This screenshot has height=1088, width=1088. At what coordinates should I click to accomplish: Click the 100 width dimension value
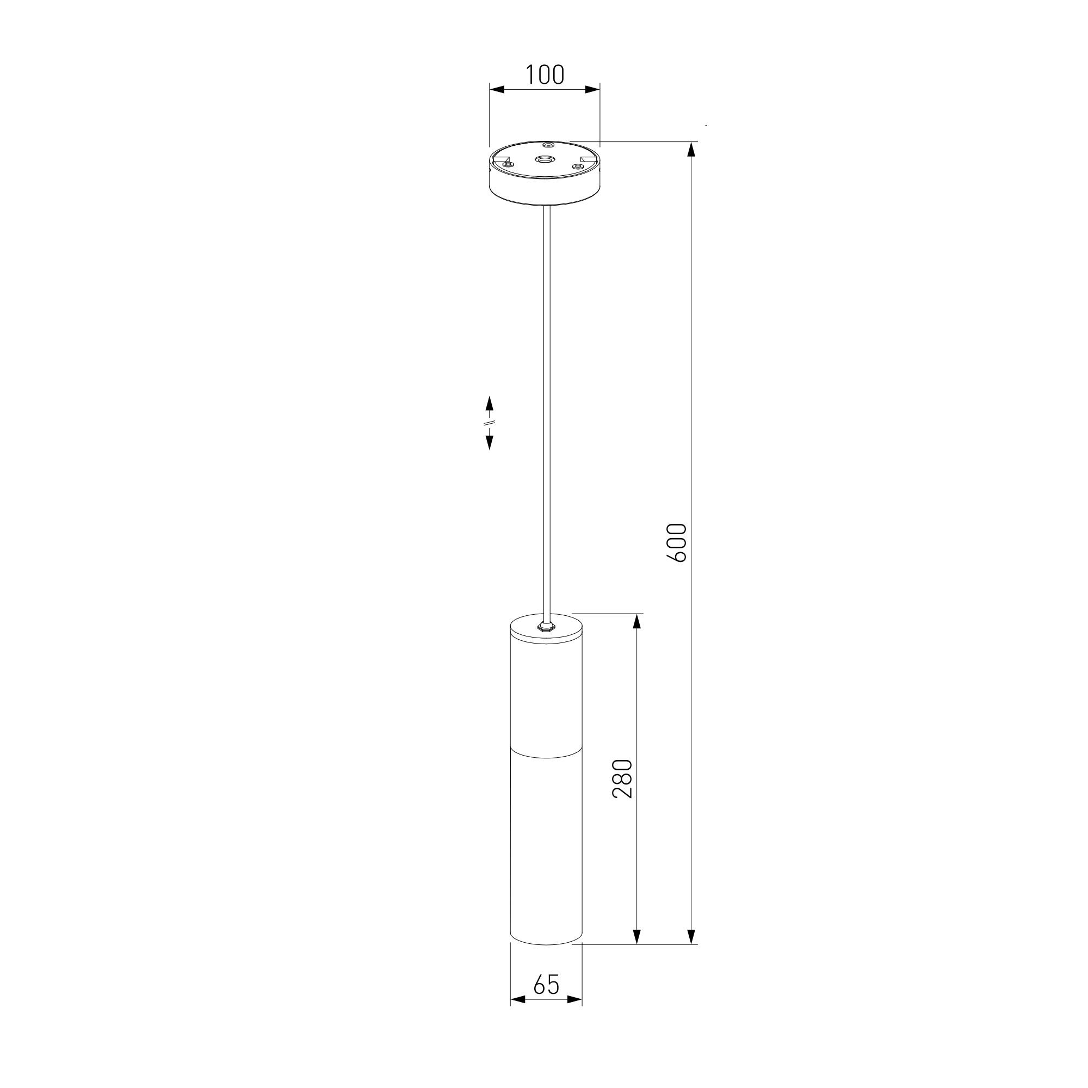tap(545, 75)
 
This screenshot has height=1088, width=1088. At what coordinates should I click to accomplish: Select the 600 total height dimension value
tap(676, 542)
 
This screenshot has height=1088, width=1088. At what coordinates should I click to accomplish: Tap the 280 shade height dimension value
tap(622, 778)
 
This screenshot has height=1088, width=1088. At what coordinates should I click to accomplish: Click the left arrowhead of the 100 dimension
tap(497, 89)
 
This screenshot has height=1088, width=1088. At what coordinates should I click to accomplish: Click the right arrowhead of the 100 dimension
tap(592, 89)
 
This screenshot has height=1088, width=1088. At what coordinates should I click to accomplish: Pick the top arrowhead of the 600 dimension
tap(691, 149)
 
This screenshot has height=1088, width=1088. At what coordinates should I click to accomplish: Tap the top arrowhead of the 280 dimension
tap(637, 621)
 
